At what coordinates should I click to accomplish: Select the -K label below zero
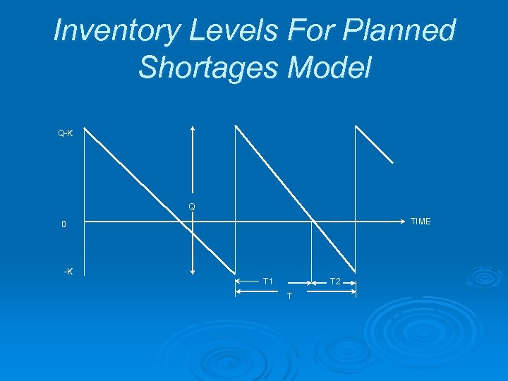click(x=68, y=272)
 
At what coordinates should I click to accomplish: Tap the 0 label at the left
click(x=64, y=225)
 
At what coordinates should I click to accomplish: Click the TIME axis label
click(x=420, y=222)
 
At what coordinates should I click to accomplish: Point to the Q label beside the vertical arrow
click(x=191, y=207)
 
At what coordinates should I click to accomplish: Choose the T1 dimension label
click(x=268, y=282)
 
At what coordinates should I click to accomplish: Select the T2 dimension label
click(x=335, y=282)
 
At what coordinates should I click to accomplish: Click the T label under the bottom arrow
click(x=289, y=296)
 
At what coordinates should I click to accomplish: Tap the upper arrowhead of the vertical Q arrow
click(x=192, y=128)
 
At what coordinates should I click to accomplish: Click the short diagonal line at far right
click(x=374, y=145)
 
